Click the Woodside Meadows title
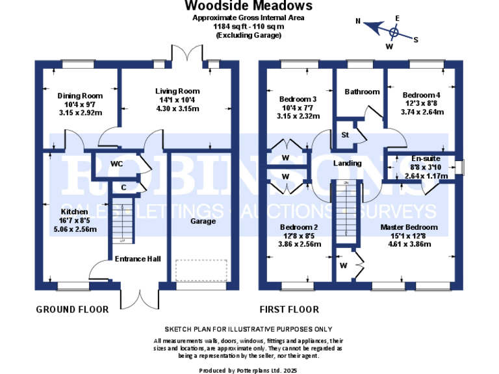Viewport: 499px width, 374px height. [x=248, y=6]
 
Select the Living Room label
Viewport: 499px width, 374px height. [x=177, y=91]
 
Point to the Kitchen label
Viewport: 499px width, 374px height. [x=74, y=212]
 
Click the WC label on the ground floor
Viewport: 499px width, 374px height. [x=117, y=164]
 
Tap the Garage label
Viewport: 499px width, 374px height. [x=202, y=221]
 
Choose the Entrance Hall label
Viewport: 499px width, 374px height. [x=137, y=259]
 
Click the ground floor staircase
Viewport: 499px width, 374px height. [x=118, y=221]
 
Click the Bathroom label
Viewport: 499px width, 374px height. [x=362, y=92]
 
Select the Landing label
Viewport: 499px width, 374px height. [x=348, y=163]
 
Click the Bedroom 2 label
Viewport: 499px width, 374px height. [x=299, y=227]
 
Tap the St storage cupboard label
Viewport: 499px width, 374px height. [x=344, y=135]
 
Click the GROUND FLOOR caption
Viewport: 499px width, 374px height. [x=71, y=310]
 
